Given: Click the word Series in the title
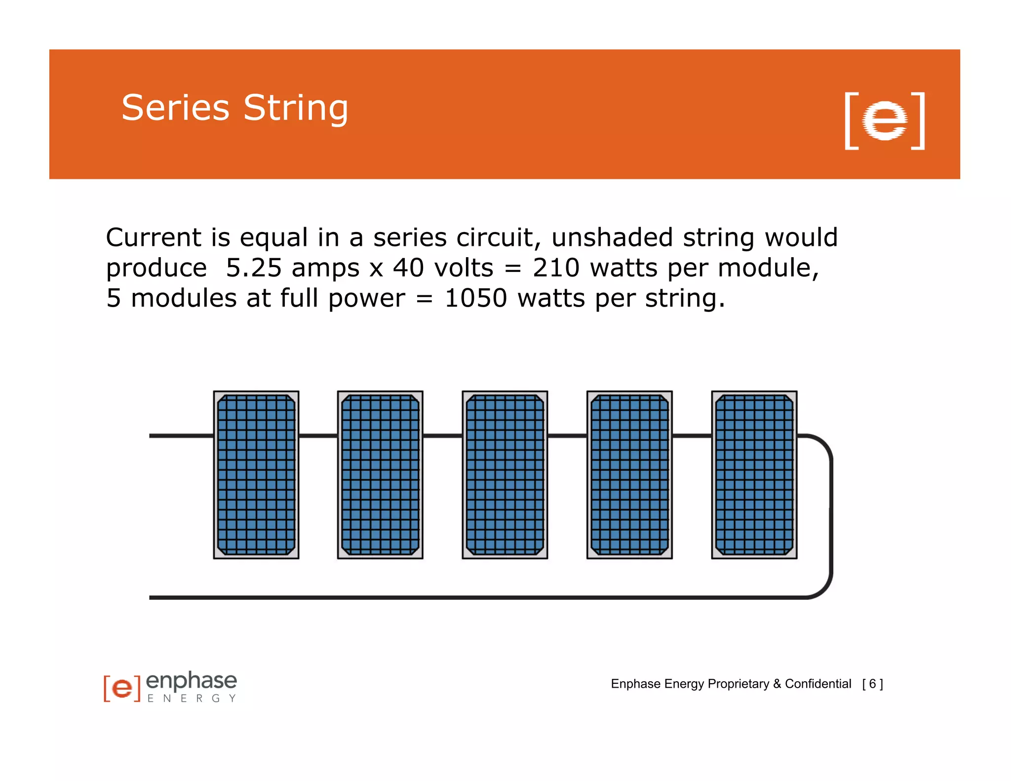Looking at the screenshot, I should coord(175,108).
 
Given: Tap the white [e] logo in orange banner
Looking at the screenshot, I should coord(885,120).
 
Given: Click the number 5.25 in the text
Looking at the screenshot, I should coord(253,268).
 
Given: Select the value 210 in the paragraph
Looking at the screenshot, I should coord(555,268).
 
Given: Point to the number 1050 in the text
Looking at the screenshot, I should coord(475,298).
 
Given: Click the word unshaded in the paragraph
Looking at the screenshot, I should coord(612,237).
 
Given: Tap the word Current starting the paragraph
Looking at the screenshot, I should coord(153,237).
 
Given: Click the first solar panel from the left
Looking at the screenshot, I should coord(256,474).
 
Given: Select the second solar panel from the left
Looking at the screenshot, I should coord(380,474).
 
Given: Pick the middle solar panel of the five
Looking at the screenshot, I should coord(505,474).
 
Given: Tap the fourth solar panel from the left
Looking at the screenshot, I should coord(629,474).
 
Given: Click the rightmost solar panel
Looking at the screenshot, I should coord(754,474).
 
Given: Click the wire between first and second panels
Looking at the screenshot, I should coord(318,436).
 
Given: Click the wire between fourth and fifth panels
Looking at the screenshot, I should coord(692,436).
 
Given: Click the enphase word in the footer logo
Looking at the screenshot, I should coord(192,681).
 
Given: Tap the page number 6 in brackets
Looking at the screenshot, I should coord(872,684).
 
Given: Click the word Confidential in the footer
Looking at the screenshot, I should coord(817,684).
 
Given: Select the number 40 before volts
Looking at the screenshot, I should coord(408,268).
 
